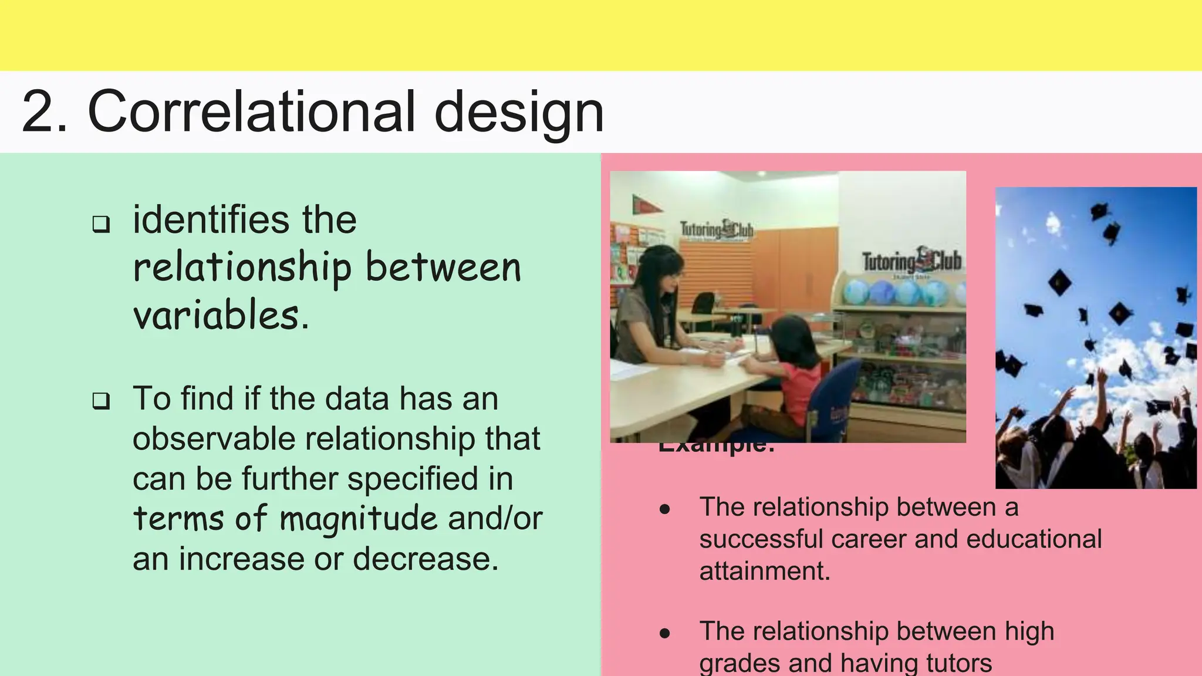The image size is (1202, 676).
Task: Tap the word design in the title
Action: (x=519, y=113)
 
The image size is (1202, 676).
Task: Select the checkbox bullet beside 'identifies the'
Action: (x=101, y=224)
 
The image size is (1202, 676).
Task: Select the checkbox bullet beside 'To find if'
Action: (x=101, y=401)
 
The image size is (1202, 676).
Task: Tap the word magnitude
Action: (x=358, y=519)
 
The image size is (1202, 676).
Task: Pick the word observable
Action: (x=214, y=438)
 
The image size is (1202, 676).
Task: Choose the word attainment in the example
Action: (x=764, y=571)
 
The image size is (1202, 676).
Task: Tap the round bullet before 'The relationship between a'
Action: (x=664, y=509)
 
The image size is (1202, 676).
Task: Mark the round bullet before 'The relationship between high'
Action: (x=664, y=633)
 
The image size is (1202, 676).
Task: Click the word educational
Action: (x=1034, y=539)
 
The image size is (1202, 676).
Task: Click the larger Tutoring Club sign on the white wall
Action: (x=911, y=262)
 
